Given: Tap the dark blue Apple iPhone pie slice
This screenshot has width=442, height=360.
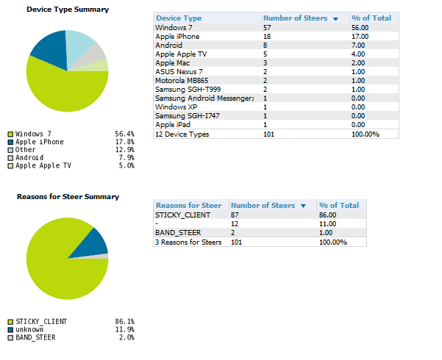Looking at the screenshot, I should click(x=49, y=47).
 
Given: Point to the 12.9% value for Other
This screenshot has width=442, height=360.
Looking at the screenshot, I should click(x=124, y=150).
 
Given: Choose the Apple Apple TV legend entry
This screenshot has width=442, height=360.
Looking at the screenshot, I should click(x=43, y=166).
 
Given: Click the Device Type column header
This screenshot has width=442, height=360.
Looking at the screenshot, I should click(x=179, y=18).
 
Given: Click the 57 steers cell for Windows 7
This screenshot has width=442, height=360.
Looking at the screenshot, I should click(x=268, y=27).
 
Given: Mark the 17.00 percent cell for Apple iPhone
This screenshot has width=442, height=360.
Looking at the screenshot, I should click(x=360, y=36).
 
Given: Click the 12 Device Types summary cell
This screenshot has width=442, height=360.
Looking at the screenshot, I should click(x=182, y=134).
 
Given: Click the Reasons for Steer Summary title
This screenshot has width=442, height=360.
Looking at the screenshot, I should click(x=68, y=197).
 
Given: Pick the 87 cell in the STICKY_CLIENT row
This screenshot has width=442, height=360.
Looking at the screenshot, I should click(x=235, y=215).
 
